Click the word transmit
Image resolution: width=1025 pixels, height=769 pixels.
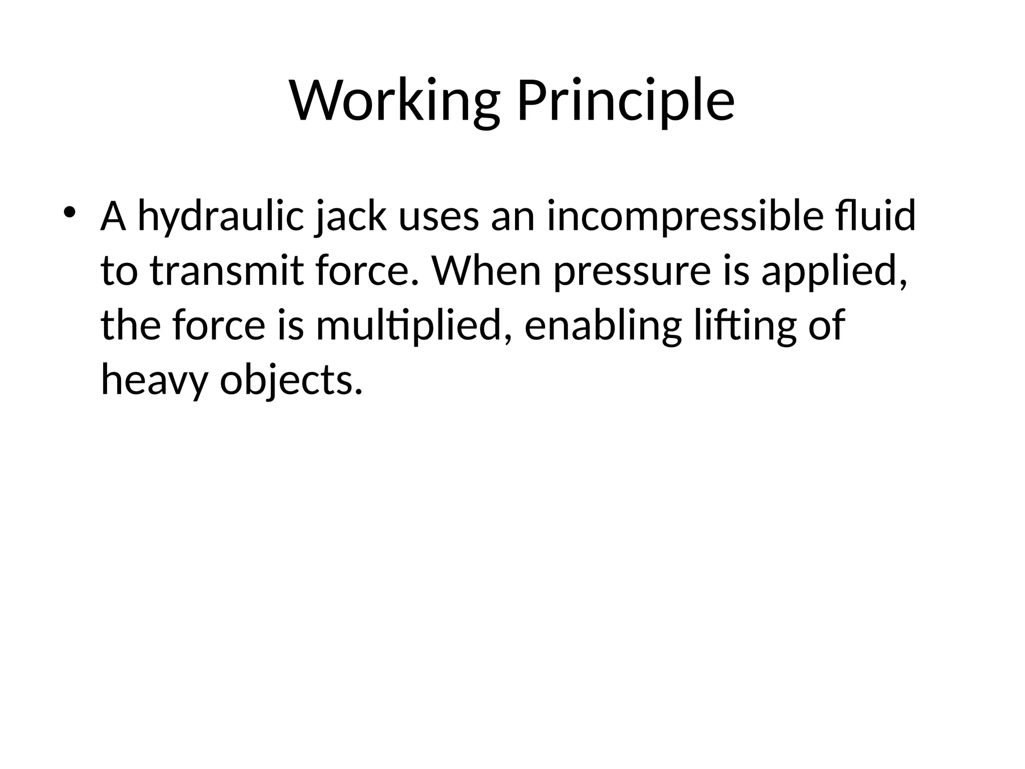[x=227, y=271]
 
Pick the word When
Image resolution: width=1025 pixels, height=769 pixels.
[x=486, y=271]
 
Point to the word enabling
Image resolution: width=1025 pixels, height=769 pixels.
[x=603, y=326]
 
